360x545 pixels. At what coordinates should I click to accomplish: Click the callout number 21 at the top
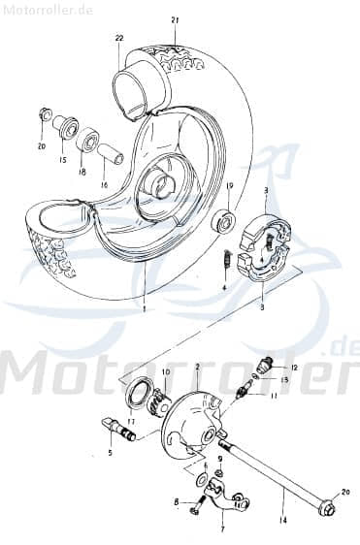point(176,20)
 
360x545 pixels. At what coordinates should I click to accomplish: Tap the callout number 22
point(119,38)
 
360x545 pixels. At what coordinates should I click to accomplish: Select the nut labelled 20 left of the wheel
point(45,114)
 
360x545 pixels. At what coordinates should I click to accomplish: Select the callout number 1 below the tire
point(143,309)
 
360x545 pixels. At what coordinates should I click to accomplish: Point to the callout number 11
point(274,396)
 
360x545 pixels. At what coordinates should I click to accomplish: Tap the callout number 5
point(110,453)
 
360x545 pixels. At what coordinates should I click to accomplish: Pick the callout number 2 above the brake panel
point(197,369)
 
